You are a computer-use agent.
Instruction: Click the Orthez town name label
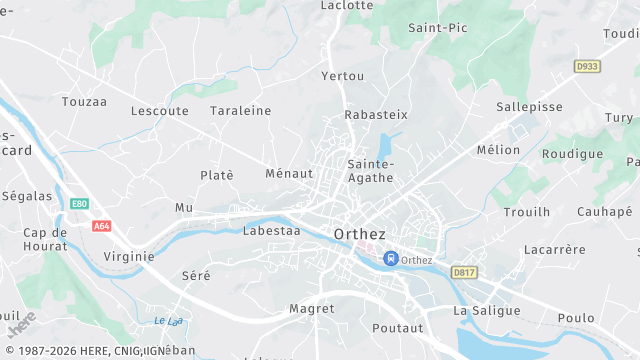tap(359, 234)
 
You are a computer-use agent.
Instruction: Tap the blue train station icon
tap(391, 258)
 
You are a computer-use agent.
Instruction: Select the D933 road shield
tap(587, 66)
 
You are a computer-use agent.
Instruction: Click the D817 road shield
tap(463, 272)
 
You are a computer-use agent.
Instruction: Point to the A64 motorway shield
tap(101, 226)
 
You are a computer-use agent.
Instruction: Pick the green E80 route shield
tap(80, 204)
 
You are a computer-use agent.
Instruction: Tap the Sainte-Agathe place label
tap(370, 170)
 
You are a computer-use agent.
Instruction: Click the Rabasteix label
tap(375, 115)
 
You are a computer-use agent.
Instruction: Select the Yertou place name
tap(343, 76)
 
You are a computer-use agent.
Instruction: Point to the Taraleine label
tap(240, 111)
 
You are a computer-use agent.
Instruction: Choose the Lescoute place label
tap(159, 111)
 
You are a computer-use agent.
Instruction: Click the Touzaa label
tap(84, 102)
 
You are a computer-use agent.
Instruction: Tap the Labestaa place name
tap(271, 230)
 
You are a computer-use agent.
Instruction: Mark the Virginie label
tap(129, 256)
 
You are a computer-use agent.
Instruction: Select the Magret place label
tap(311, 309)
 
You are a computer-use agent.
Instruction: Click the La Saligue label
tap(487, 311)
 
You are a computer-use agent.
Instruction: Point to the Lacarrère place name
tap(554, 249)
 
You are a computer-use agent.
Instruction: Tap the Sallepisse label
tap(529, 106)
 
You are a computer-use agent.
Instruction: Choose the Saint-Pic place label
tap(437, 28)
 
